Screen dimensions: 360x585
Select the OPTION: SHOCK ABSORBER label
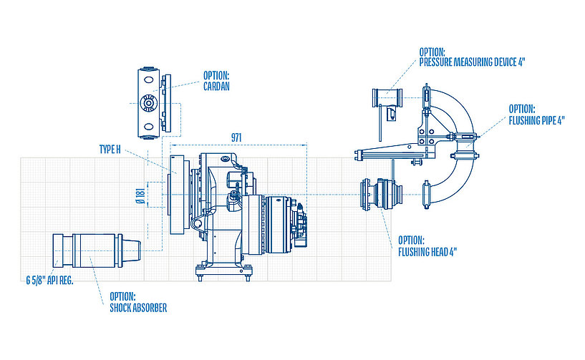(138, 302)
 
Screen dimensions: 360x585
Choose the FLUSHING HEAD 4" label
(427, 245)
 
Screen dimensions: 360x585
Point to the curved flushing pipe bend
(466, 115)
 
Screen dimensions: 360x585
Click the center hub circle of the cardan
(148, 104)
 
